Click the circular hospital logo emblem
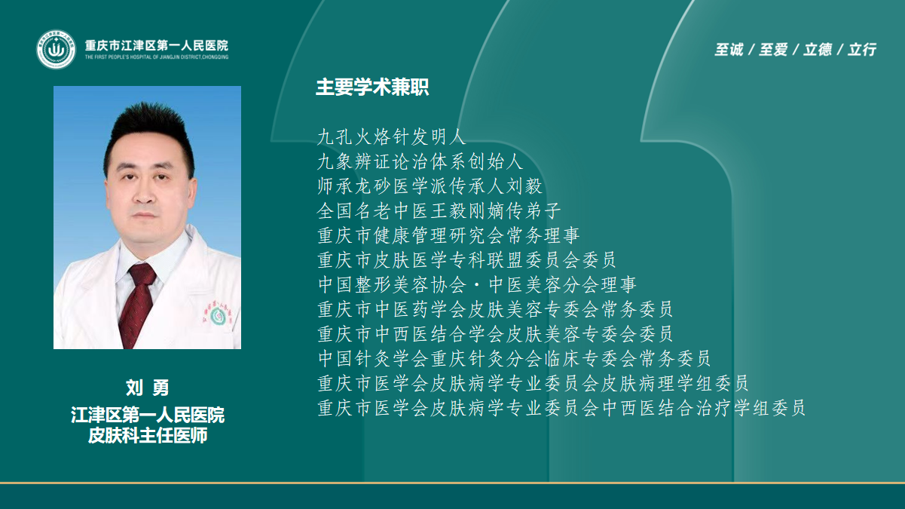[57, 49]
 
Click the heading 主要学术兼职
[372, 87]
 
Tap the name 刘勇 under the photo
[148, 388]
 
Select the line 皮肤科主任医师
[148, 435]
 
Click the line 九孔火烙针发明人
[392, 137]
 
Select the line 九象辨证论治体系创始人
[420, 161]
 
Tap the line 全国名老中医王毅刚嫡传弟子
[439, 211]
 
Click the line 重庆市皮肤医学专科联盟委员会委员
[467, 260]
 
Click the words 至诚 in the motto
[729, 49]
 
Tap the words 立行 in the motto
[862, 49]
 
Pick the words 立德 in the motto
[818, 49]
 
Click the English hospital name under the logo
[157, 57]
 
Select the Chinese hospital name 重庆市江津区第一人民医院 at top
[157, 45]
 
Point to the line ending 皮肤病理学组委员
[534, 383]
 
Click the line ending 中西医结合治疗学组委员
[561, 408]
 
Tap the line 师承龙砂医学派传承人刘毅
[430, 186]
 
